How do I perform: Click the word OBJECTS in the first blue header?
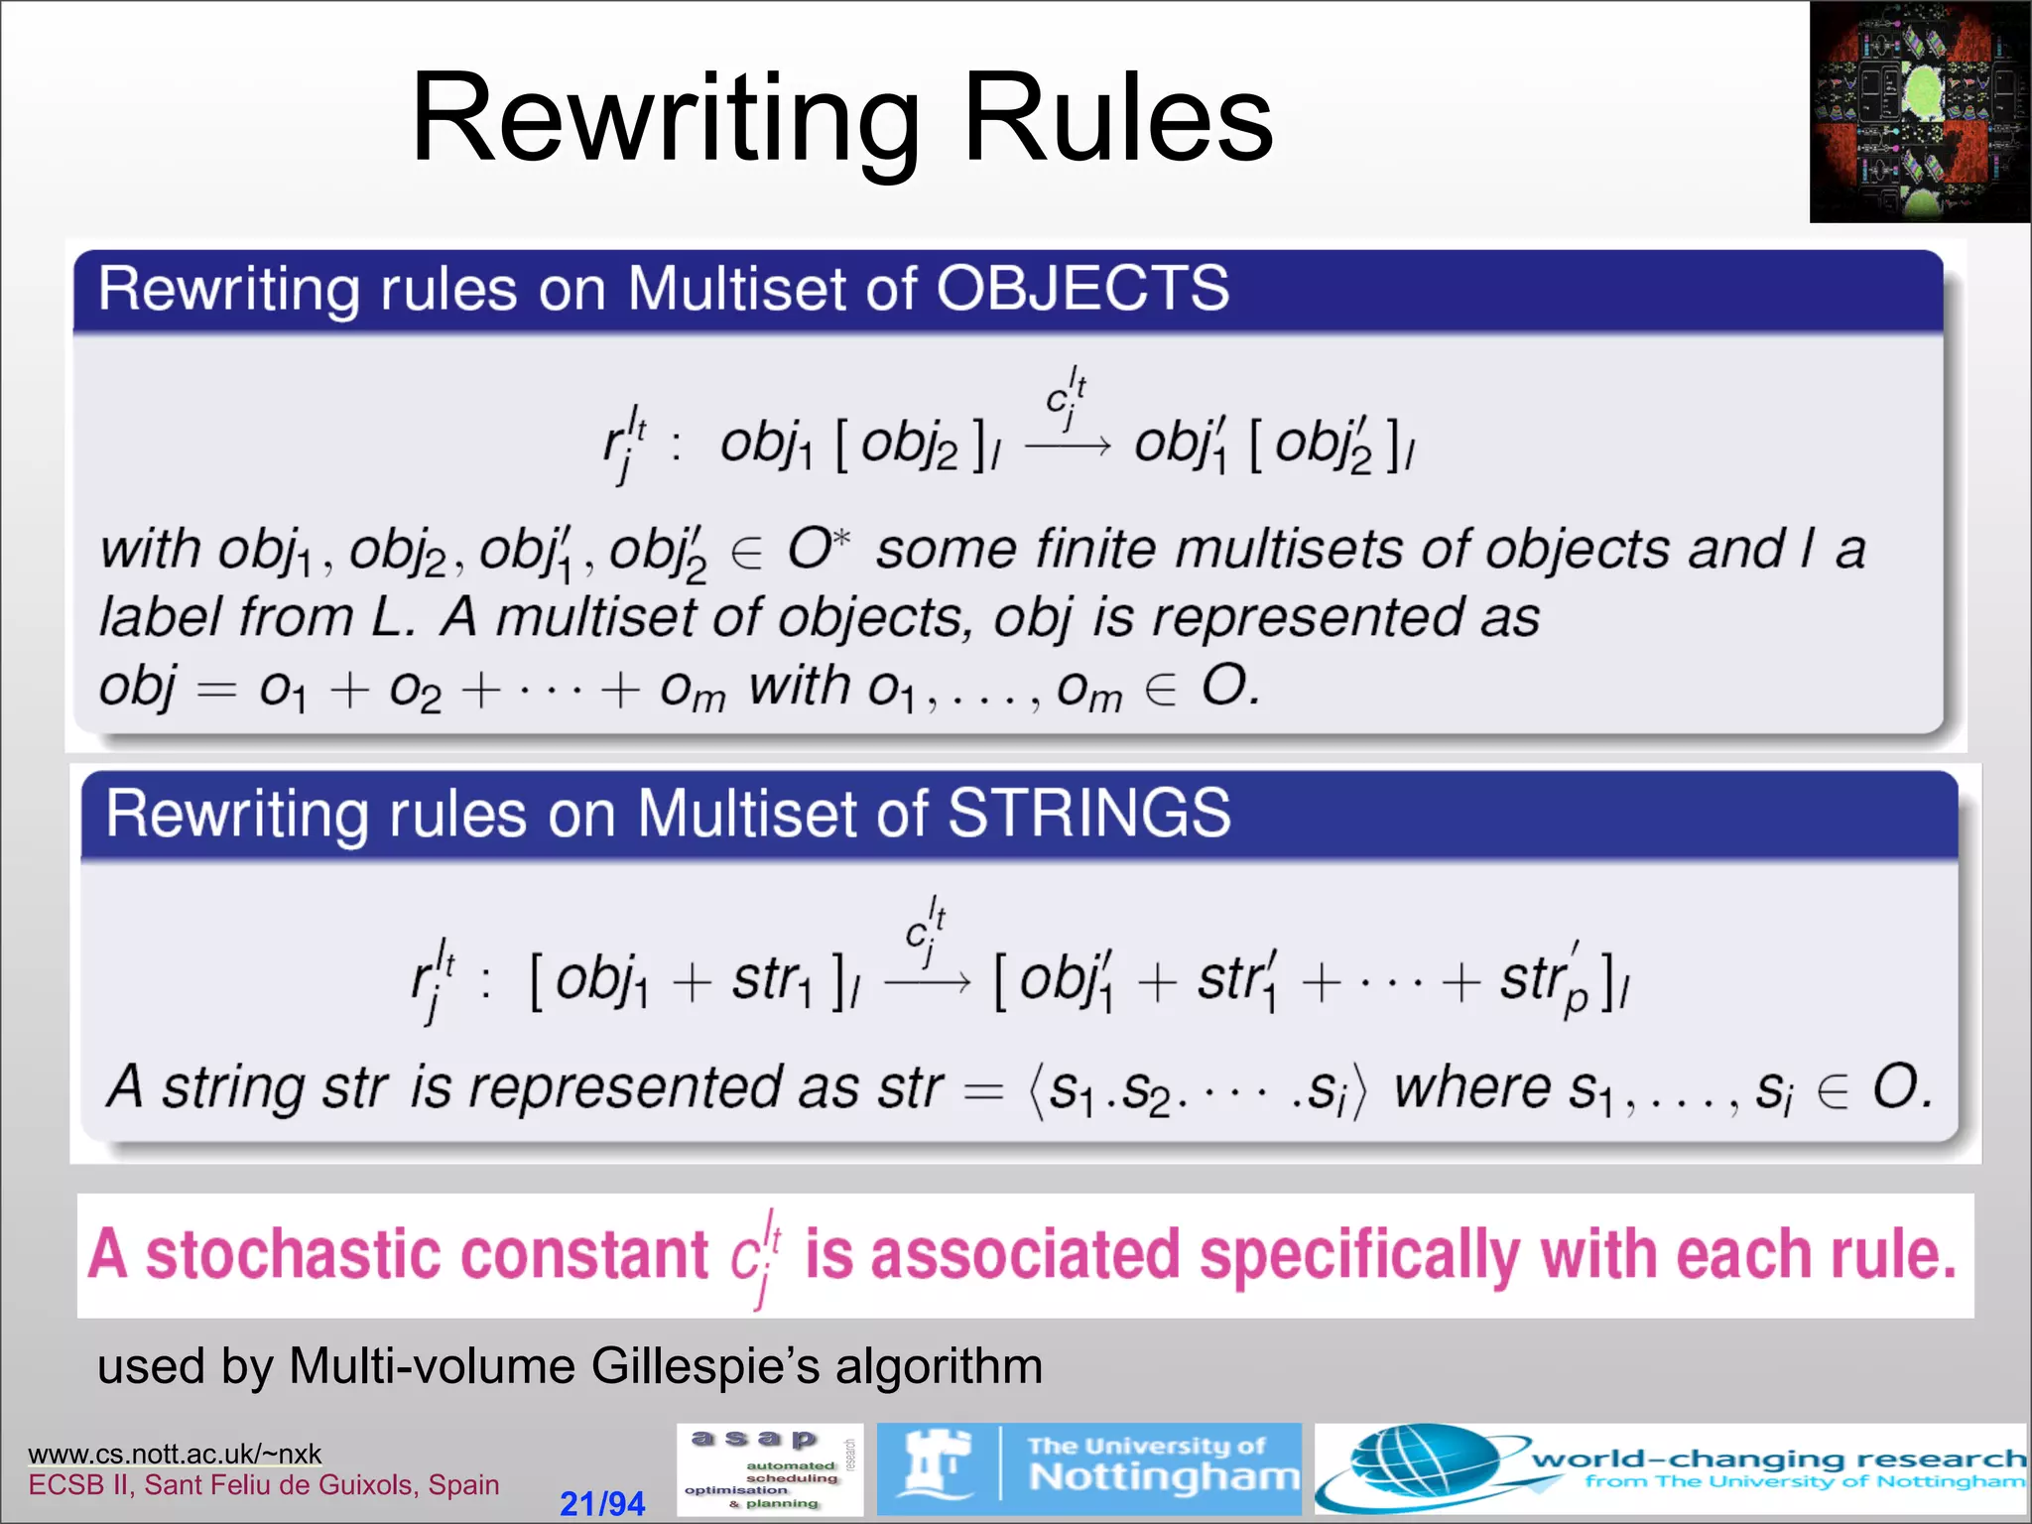1081,290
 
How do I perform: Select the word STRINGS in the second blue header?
1088,814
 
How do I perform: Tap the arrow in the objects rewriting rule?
1068,447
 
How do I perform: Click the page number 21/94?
602,1503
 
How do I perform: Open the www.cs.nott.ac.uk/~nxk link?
175,1454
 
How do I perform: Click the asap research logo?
770,1469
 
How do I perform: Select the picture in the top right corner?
1919,111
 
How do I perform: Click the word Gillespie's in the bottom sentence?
705,1366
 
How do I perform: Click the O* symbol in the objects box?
819,549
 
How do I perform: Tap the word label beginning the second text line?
160,617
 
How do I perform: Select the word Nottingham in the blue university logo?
1163,1477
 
